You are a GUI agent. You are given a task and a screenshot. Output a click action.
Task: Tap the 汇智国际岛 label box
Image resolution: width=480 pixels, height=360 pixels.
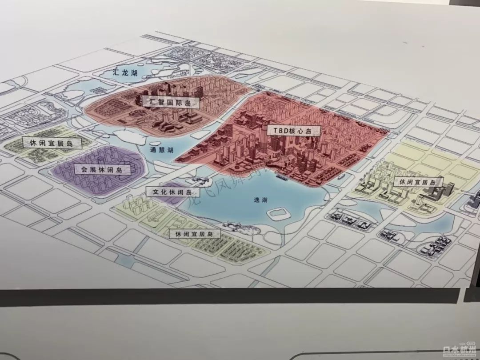tap(171, 102)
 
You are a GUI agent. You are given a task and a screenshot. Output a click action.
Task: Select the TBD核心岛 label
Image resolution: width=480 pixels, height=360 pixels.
tap(288, 131)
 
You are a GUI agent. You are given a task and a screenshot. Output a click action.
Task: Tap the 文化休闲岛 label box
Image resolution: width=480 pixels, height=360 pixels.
tap(170, 192)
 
